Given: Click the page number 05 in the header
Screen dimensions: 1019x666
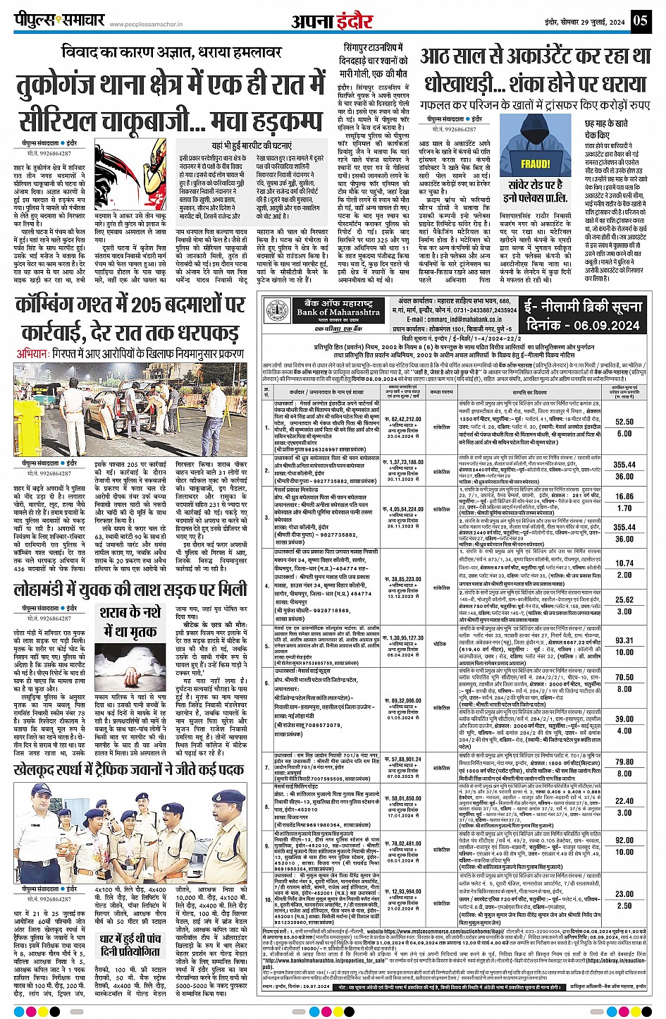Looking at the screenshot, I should [640, 20].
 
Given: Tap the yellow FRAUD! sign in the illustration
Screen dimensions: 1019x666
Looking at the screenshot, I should [535, 164].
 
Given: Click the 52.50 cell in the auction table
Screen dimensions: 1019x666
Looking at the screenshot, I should [624, 422].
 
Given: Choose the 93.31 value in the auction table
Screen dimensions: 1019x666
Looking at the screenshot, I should [624, 640].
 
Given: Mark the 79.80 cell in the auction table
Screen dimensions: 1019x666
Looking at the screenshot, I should [624, 762].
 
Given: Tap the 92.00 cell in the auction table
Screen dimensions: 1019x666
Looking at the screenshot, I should [624, 840].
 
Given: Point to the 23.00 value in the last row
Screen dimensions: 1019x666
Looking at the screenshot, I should [624, 893].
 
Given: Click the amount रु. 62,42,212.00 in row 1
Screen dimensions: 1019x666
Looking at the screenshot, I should [403, 419].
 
